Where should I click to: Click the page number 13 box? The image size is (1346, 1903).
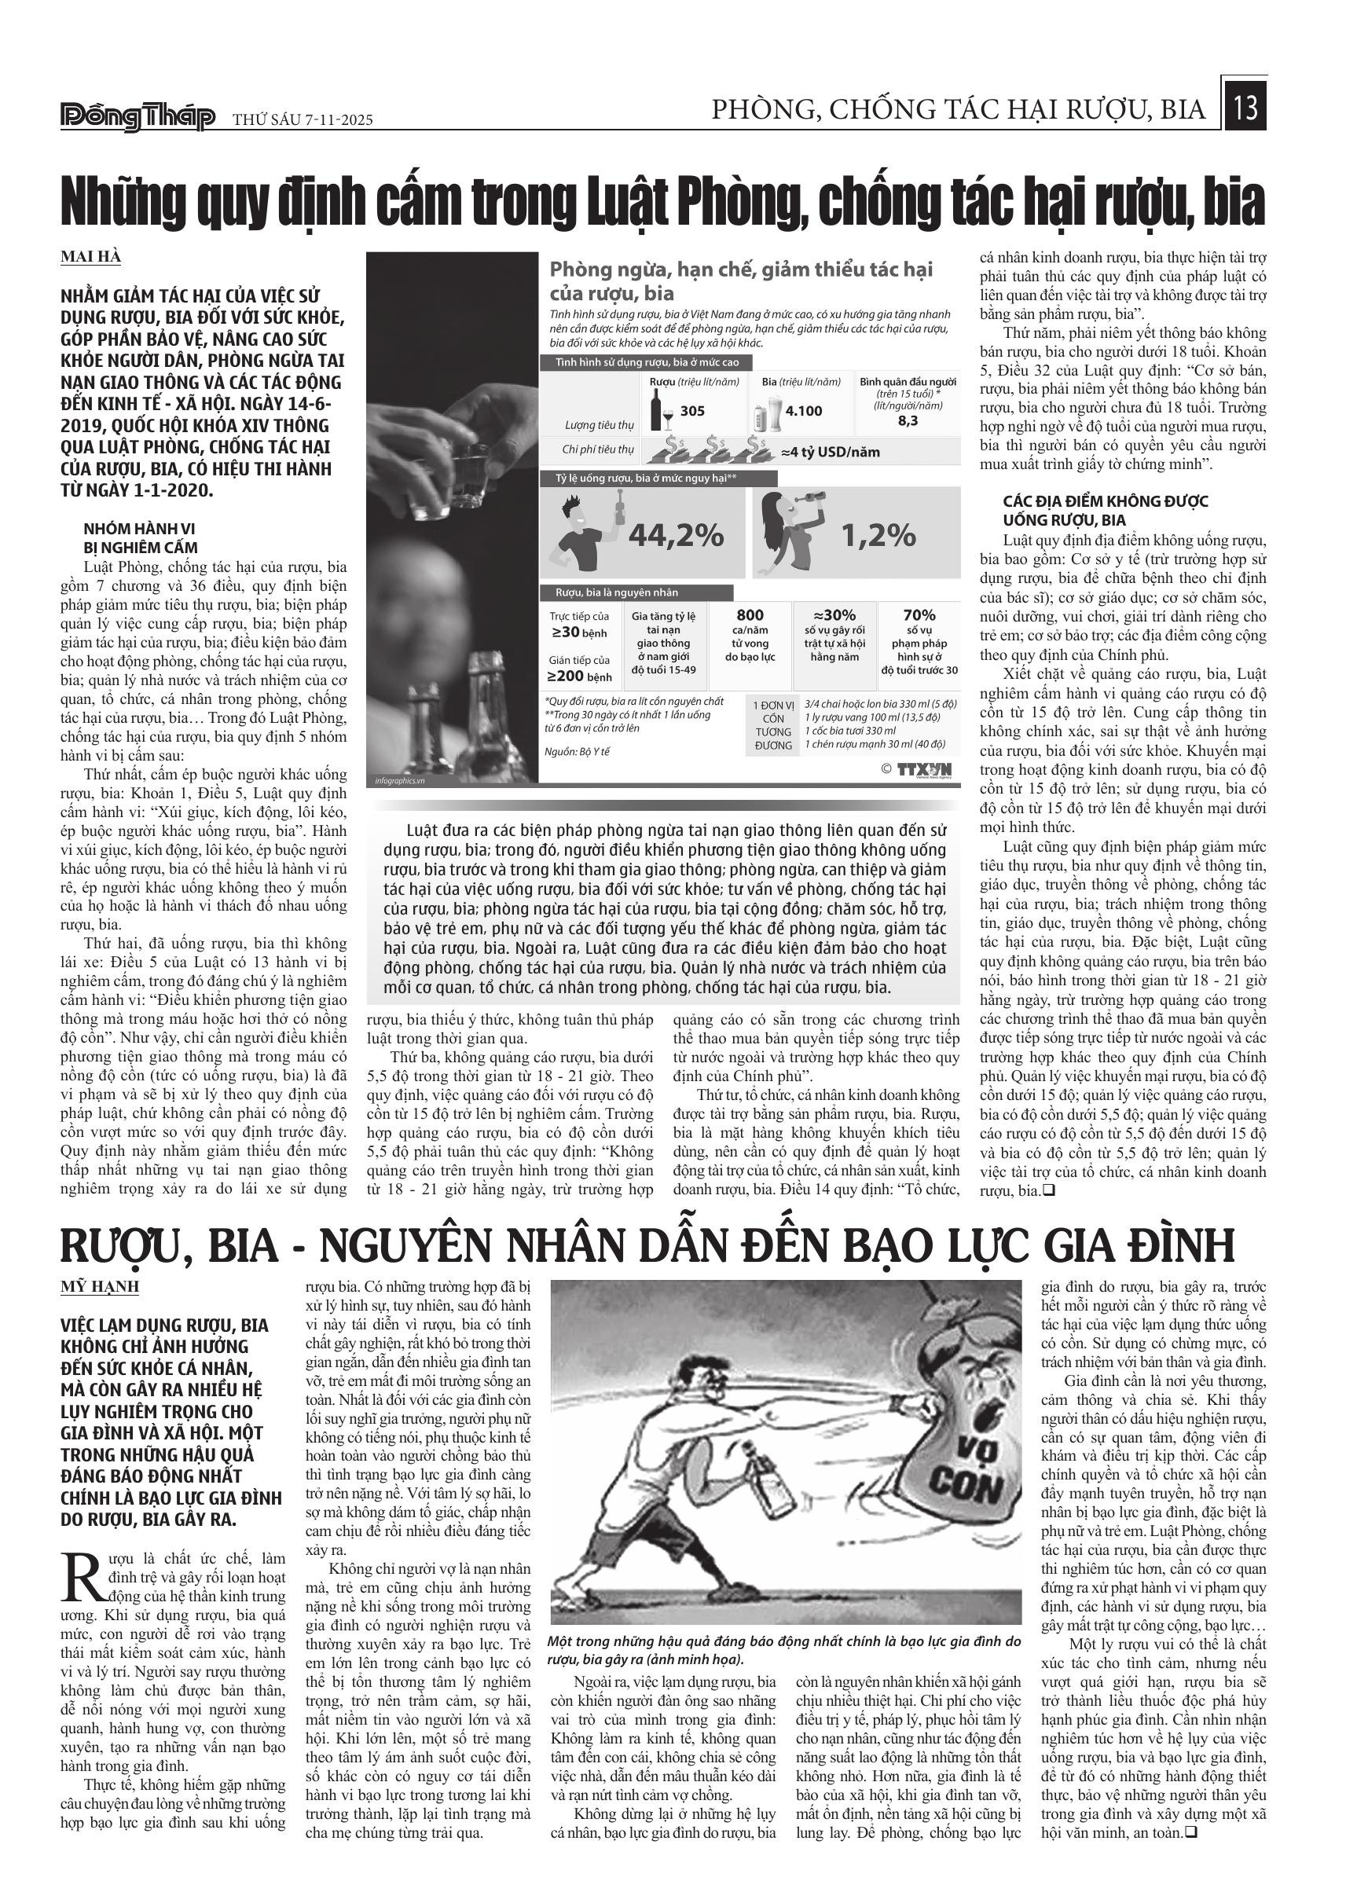click(1245, 105)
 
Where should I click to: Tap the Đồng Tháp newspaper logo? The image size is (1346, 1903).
click(138, 118)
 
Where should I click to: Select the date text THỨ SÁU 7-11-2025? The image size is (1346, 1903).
click(303, 119)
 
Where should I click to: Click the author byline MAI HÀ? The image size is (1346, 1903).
click(91, 257)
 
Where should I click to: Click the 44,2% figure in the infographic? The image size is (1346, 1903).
click(676, 537)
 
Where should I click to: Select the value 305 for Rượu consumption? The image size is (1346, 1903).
click(692, 410)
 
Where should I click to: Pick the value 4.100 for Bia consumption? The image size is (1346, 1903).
click(803, 410)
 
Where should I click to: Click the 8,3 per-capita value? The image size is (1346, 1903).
click(908, 421)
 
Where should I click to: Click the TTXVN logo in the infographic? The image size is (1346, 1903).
click(923, 769)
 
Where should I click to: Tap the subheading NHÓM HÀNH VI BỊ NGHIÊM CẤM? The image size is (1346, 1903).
click(141, 538)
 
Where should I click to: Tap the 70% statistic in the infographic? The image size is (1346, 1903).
click(919, 615)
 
